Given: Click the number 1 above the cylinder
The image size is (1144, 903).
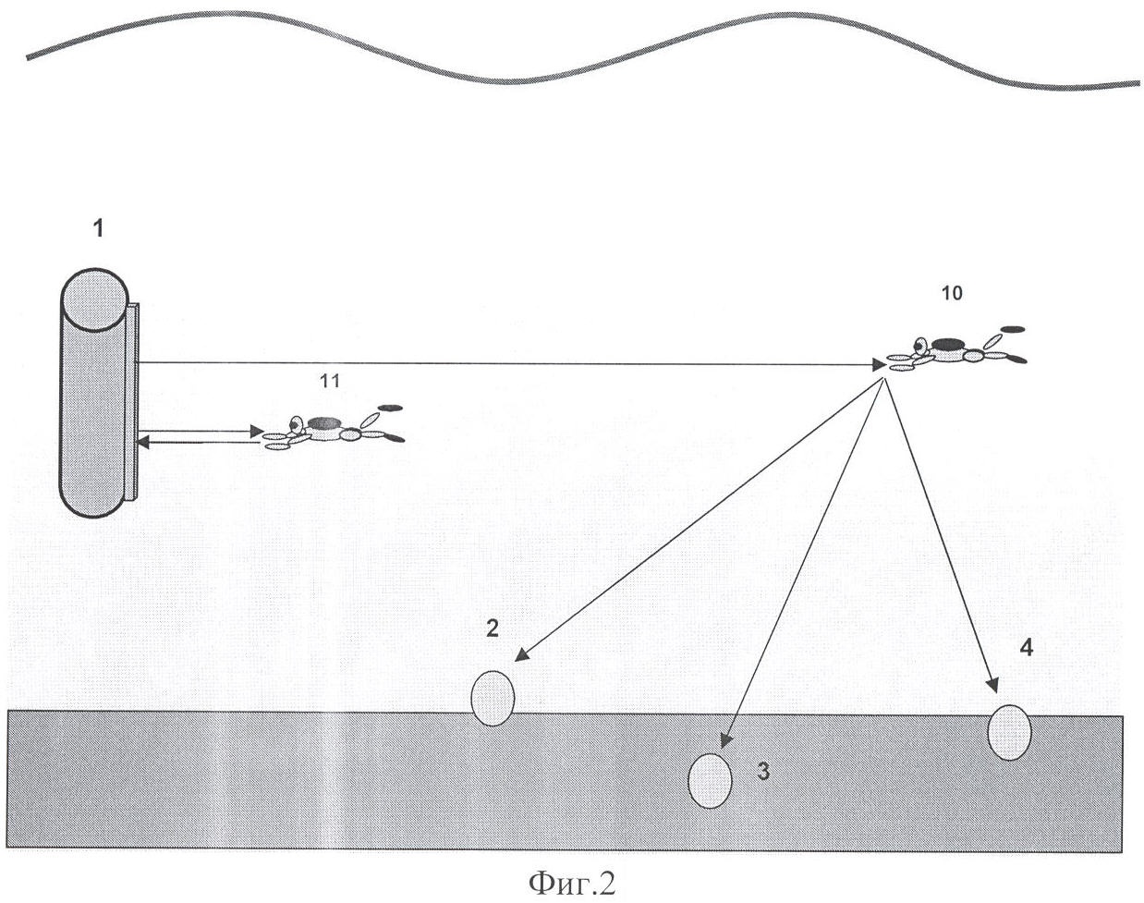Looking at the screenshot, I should coord(98,229).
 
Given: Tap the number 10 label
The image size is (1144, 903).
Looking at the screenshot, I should coord(951,293).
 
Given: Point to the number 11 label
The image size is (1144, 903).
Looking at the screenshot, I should coord(329,380).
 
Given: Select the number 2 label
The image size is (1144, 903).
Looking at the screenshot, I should coord(493,628).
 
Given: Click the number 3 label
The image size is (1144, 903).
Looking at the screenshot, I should coord(763,772).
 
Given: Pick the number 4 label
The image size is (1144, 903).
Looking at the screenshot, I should coord(1026,647).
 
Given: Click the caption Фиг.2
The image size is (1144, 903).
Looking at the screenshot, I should coord(571,884).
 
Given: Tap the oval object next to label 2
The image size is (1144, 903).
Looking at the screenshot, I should coord(493,698).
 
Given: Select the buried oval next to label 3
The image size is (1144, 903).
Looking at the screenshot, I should coord(711,781).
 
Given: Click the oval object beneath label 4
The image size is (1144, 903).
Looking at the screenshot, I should coord(1009,732).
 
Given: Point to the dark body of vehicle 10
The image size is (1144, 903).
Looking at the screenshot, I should coord(946,345).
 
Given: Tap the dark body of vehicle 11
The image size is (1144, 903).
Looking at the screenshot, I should coord(324,422).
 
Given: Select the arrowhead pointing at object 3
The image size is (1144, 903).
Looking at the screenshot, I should coord(725,742).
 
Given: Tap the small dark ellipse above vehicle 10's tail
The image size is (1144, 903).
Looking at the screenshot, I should coord(1013,328).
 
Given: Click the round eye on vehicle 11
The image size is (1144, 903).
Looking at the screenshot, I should coord(295,425).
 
